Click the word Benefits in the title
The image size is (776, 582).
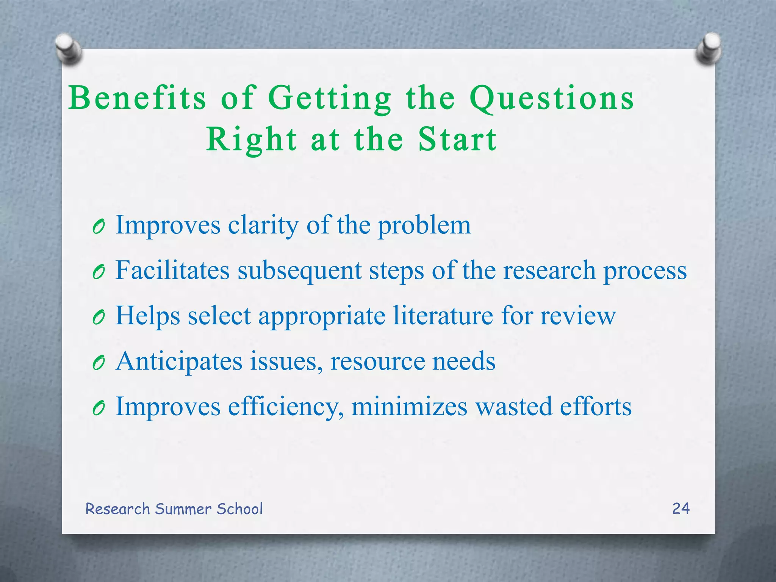(137, 98)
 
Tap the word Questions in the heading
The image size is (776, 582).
(551, 98)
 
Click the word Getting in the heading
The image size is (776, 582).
(330, 98)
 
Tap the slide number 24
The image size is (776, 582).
(681, 508)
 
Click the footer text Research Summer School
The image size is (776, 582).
(174, 509)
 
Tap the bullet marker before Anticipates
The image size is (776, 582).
(98, 363)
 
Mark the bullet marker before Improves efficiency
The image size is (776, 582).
(98, 408)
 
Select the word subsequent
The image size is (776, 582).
(299, 271)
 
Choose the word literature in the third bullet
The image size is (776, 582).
(443, 316)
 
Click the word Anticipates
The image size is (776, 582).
(179, 361)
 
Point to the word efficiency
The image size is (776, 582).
(286, 407)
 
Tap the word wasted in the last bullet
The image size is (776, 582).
(513, 407)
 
